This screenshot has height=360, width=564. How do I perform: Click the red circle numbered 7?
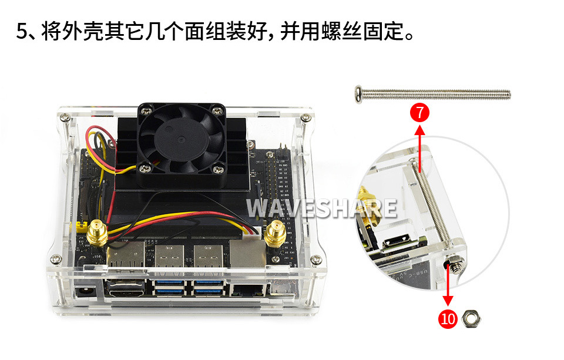tap(419, 113)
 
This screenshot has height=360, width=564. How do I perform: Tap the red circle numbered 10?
tap(448, 319)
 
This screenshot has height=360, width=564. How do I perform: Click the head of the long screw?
tap(358, 95)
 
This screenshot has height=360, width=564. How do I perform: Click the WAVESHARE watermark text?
tap(321, 208)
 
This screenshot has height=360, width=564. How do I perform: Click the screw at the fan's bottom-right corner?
tap(217, 168)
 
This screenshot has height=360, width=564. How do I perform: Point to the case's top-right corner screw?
tap(305, 117)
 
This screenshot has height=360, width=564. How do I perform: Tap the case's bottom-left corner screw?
tap(55, 258)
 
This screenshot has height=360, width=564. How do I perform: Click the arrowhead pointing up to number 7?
tap(419, 129)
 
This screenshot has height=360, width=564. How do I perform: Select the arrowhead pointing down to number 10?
tap(448, 301)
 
